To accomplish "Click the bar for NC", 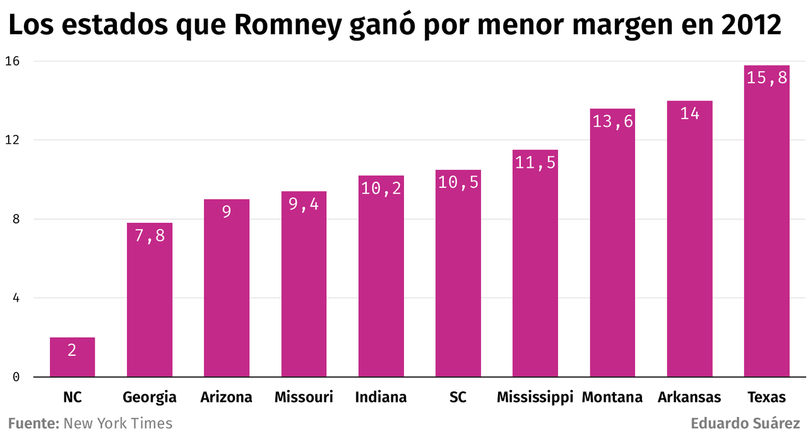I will (72, 357).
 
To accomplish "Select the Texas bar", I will (766, 221).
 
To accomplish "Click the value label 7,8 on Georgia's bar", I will (150, 235).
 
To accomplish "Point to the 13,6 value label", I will (612, 121).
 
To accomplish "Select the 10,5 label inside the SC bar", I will (458, 182).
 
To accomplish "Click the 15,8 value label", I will (766, 78).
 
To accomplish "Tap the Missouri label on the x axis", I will (304, 398).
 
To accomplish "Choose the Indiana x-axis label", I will (381, 398).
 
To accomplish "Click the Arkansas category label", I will (689, 398).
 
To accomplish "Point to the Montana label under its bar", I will (612, 398).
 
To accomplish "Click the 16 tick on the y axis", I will (13, 61).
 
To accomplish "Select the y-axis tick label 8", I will (16, 219).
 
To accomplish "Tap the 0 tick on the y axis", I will (16, 377).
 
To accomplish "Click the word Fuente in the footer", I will (33, 423).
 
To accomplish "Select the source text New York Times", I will (118, 423).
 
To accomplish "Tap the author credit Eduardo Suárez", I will (746, 423).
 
